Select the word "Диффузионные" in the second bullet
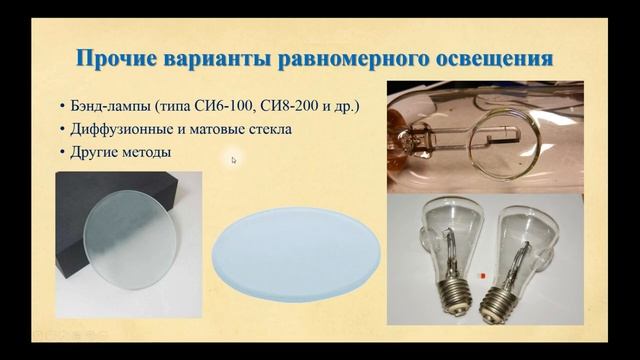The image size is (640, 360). point(117,129)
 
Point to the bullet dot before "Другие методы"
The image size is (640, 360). point(61,153)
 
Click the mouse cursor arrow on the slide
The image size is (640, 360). point(233,159)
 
